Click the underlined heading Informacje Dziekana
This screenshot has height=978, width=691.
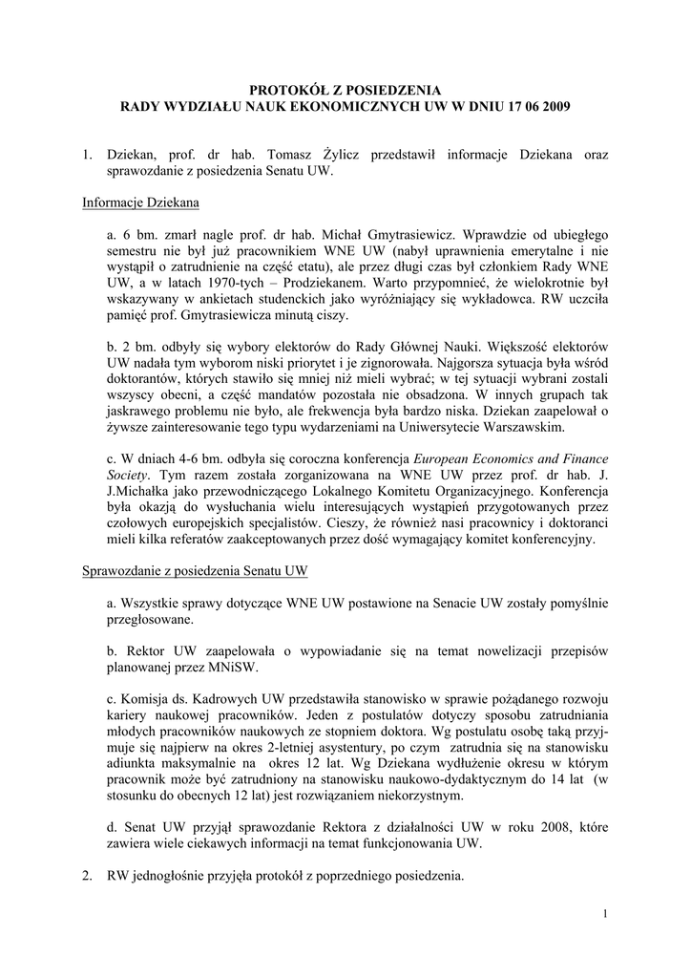[x=140, y=202]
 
